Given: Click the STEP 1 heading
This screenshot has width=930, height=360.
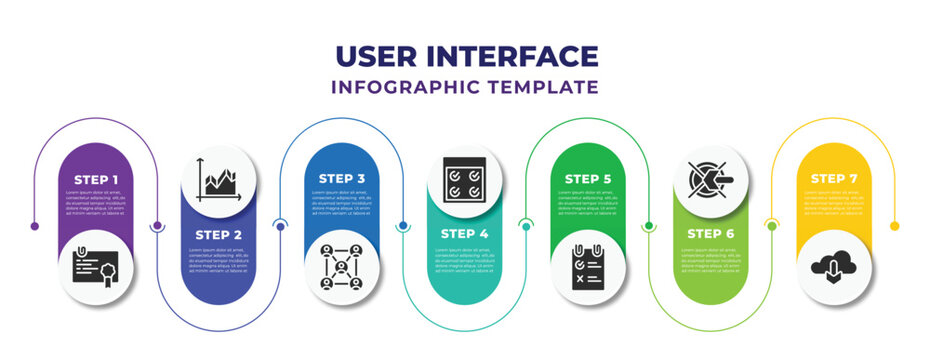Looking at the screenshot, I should click(x=96, y=179).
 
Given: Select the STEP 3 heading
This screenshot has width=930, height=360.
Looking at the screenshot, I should click(x=342, y=179).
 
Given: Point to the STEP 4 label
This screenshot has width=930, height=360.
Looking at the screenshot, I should click(x=465, y=233).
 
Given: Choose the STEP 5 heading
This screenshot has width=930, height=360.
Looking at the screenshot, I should click(x=588, y=179).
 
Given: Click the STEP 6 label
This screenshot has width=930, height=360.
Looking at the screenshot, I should click(x=711, y=233).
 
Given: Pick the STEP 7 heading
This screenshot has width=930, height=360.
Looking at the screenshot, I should click(x=834, y=179).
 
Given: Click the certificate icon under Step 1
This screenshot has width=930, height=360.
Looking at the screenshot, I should click(x=96, y=267).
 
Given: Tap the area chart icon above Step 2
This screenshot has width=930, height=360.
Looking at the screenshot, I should click(x=219, y=180).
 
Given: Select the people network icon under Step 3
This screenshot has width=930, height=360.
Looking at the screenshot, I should click(x=342, y=267).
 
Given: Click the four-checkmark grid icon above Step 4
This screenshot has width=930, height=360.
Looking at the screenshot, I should click(x=465, y=180).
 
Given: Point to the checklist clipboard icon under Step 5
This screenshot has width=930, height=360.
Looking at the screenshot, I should click(x=588, y=267).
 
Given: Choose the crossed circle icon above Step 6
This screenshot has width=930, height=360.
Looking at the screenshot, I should click(x=711, y=180).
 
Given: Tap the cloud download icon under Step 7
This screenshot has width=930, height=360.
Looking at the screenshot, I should click(x=834, y=267).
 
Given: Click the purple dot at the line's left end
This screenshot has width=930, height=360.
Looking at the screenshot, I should click(x=35, y=226).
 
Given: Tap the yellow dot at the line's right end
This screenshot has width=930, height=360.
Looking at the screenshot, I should click(x=895, y=226).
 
